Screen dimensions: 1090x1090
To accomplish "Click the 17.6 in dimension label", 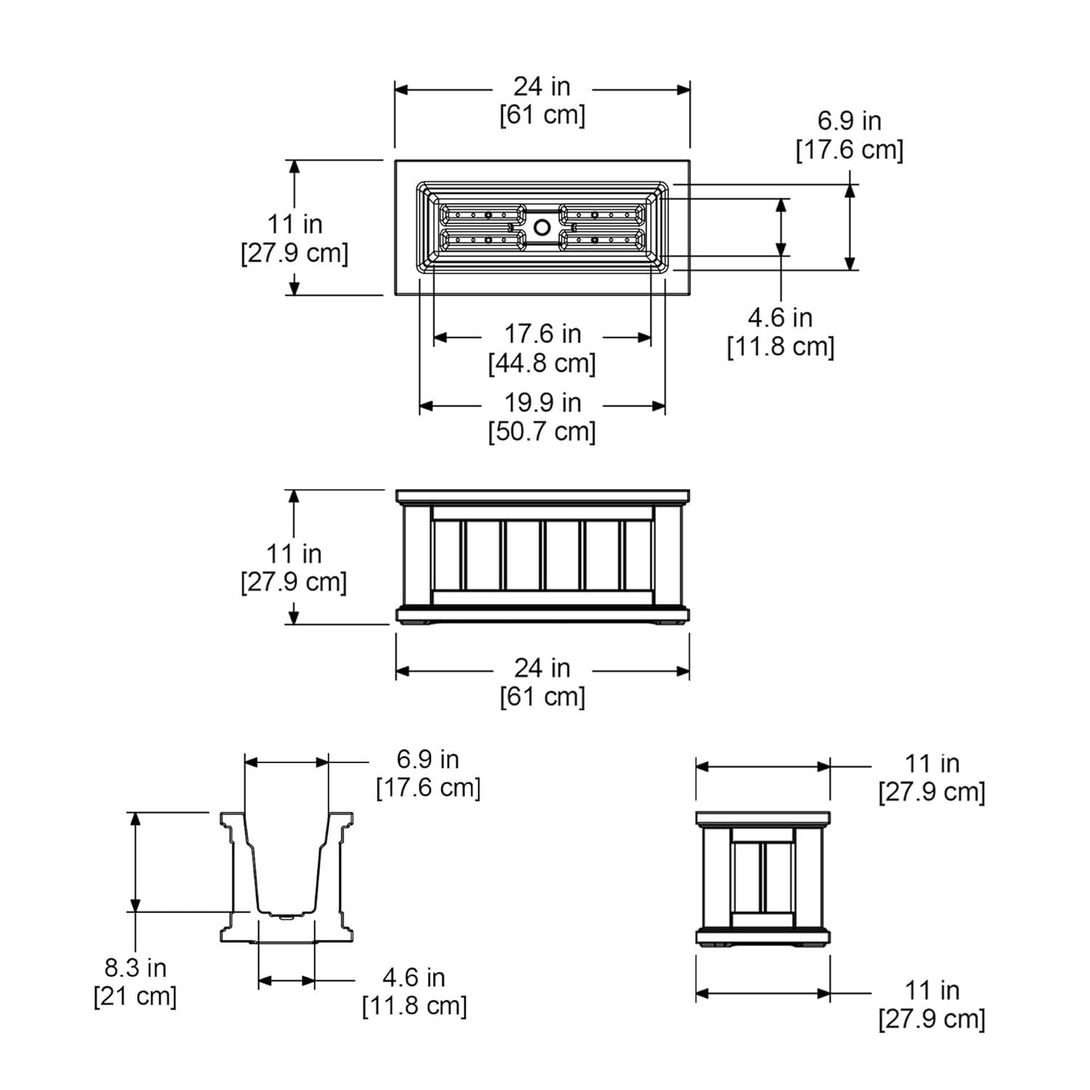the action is tap(543, 334).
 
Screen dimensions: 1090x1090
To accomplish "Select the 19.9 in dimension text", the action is tap(543, 402).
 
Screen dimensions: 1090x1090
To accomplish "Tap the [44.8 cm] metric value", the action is tap(542, 363).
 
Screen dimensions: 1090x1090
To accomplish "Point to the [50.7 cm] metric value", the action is tap(542, 431).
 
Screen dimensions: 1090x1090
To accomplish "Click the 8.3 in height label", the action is tap(136, 968).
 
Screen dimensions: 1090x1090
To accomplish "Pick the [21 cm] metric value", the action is tap(135, 996).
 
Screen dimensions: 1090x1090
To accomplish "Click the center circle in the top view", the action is tap(542, 227).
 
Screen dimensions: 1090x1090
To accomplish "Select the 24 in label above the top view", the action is tap(542, 86).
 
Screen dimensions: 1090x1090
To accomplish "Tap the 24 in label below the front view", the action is tap(543, 668).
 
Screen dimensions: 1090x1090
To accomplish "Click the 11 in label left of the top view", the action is tap(294, 224).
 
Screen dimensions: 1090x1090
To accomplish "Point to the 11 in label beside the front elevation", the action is tap(294, 554).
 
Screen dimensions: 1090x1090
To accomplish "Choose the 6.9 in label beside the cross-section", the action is tap(428, 759).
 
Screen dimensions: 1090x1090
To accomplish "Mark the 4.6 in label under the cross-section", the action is tap(414, 977).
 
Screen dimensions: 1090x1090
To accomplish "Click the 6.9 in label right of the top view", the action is tap(849, 121).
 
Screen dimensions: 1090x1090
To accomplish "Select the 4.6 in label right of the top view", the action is tap(780, 317).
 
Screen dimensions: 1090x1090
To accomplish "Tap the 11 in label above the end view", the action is tap(932, 764).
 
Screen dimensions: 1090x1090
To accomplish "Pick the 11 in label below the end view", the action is tap(932, 990).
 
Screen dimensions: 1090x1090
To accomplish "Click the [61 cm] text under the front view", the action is tap(542, 697).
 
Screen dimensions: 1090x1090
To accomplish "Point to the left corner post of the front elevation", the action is tap(414, 556).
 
